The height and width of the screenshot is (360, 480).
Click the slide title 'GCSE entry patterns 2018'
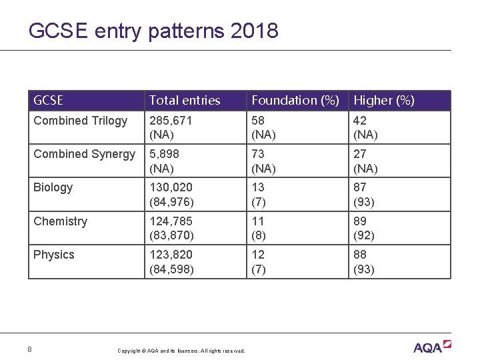(153, 31)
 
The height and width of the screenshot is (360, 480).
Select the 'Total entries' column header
(185, 101)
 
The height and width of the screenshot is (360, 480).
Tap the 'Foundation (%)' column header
(294, 101)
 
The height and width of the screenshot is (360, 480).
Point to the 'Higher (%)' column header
(384, 101)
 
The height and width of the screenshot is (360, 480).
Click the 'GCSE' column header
(48, 101)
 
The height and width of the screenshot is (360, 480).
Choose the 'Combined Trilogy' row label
(80, 121)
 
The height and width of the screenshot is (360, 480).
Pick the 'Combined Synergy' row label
(84, 154)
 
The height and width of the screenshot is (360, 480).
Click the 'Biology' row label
(53, 187)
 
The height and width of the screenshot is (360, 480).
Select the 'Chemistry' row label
(60, 221)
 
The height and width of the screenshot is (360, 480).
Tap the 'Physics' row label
(54, 255)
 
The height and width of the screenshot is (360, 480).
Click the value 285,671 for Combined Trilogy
(171, 121)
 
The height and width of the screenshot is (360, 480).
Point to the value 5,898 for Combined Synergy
(165, 154)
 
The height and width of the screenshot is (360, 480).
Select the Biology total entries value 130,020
(171, 187)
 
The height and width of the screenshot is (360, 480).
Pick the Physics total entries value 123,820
(171, 255)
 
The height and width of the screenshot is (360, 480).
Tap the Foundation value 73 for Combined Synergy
(258, 154)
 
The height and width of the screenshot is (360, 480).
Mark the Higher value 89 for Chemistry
(361, 221)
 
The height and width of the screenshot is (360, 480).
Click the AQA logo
(432, 347)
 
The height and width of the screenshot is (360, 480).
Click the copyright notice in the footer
(181, 351)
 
